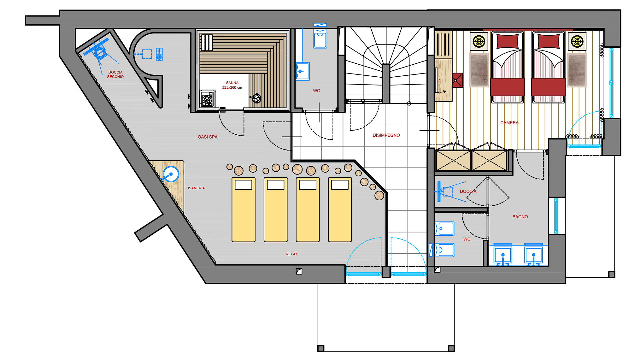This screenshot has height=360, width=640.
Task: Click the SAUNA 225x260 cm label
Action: (x=232, y=85)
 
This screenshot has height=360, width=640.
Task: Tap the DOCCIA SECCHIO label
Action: (x=115, y=74)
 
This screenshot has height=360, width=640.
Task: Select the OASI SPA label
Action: (x=207, y=137)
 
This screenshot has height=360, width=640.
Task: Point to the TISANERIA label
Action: (x=195, y=188)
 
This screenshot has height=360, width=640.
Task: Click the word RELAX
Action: (x=292, y=254)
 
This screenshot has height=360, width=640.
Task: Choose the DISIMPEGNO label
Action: (x=386, y=135)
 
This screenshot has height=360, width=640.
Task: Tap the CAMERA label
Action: (x=509, y=123)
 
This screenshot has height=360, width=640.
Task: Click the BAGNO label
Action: (x=520, y=217)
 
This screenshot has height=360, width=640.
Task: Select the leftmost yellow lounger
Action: (x=243, y=209)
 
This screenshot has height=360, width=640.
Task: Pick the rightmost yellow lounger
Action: (x=340, y=209)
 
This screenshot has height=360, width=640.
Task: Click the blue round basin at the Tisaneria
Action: (x=171, y=174)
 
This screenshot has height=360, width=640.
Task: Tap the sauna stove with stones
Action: (x=207, y=99)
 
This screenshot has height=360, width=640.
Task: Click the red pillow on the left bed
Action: (x=507, y=41)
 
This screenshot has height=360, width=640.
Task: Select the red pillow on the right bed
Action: (x=548, y=41)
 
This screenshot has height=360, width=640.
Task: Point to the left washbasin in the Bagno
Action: (x=503, y=255)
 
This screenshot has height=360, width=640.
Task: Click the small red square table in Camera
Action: (x=457, y=80)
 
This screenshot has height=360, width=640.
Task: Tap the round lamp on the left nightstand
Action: (x=479, y=41)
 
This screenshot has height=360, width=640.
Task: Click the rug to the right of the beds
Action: (x=577, y=70)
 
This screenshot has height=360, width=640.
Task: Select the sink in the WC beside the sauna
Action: (x=302, y=71)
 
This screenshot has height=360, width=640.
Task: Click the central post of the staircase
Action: (x=386, y=83)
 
